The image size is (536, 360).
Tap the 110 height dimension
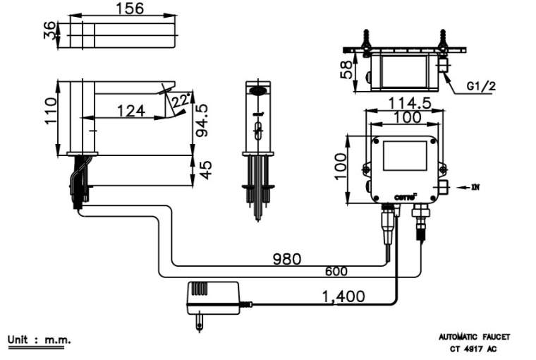coord(49,111)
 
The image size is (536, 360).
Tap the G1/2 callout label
coord(480,88)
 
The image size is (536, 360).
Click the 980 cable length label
coord(287,258)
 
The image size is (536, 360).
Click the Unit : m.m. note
coord(39,340)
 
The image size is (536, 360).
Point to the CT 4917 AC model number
coord(474,348)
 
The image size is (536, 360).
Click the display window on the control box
coord(405,156)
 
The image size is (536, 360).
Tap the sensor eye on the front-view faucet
coord(259,90)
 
